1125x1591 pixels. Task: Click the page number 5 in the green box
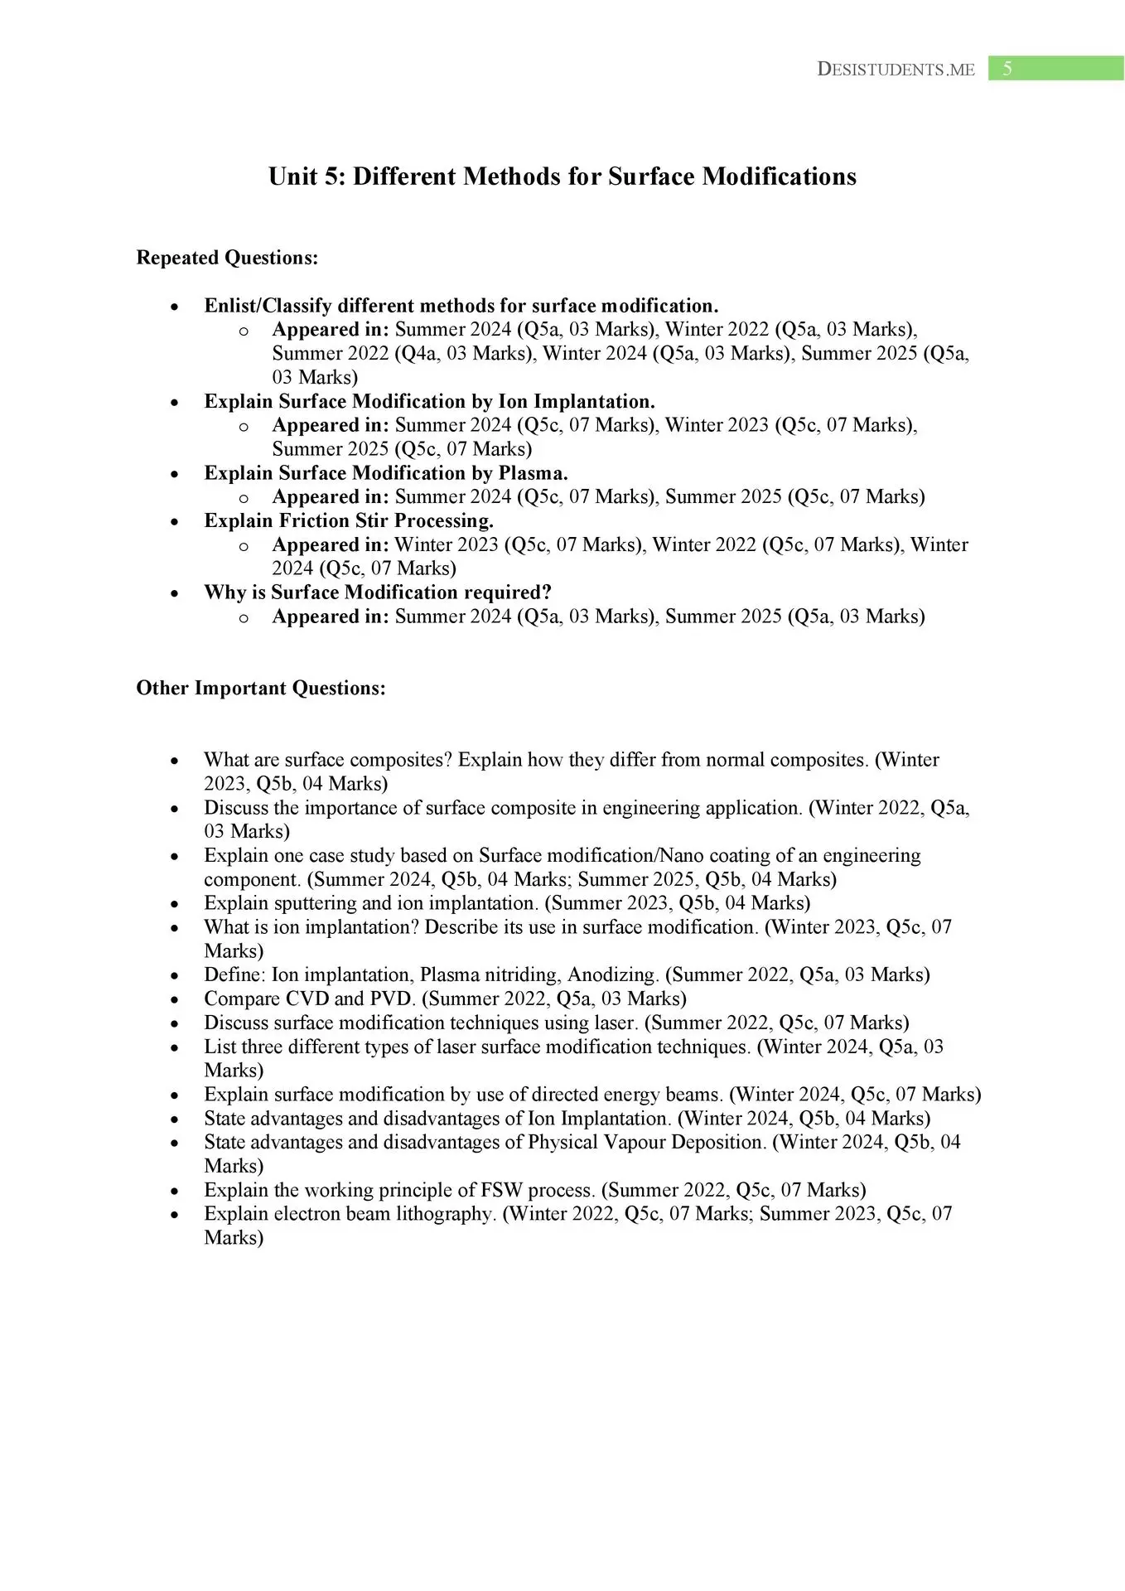pyautogui.click(x=1007, y=69)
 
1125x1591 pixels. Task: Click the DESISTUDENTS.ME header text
pyautogui.click(x=896, y=70)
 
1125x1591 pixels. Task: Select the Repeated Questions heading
pyautogui.click(x=227, y=258)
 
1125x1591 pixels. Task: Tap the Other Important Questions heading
pyautogui.click(x=261, y=688)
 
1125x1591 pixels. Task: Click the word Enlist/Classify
pyautogui.click(x=268, y=306)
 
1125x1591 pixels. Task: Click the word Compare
pyautogui.click(x=240, y=999)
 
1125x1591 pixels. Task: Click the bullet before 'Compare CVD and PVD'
pyautogui.click(x=174, y=999)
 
